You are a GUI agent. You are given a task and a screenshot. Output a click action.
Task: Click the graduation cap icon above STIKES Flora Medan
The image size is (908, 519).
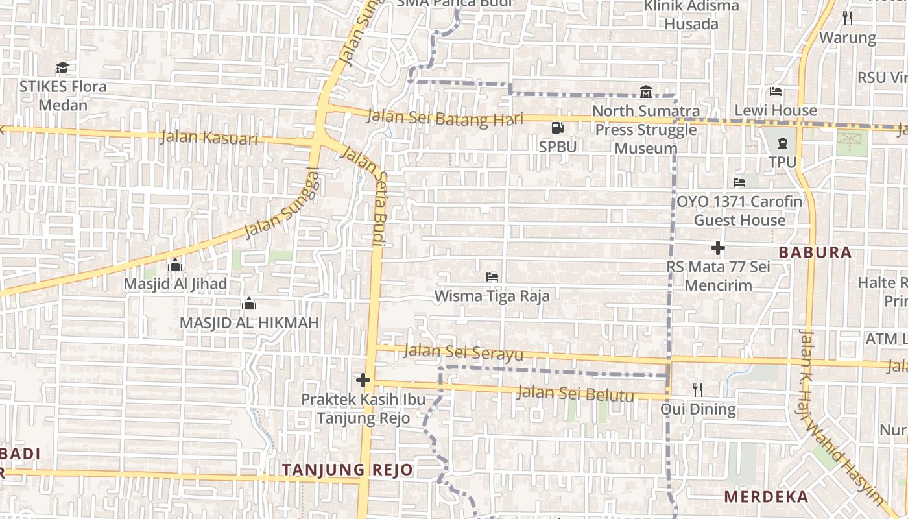62,67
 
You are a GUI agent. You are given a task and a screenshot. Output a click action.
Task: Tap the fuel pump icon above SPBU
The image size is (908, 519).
556,128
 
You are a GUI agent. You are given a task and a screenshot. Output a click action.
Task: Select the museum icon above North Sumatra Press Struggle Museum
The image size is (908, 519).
645,91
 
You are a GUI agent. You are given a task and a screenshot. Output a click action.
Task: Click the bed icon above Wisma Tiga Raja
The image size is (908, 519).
492,277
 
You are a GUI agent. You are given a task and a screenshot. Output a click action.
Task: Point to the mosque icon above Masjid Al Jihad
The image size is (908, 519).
175,265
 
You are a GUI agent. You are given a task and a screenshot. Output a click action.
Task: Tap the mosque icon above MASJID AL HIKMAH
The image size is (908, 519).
249,304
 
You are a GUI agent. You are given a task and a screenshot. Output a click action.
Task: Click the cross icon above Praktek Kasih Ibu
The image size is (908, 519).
363,380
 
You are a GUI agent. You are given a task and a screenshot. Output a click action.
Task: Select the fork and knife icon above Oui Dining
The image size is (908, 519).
698,389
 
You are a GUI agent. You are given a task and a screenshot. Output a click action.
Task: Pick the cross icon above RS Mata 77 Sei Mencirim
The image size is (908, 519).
717,248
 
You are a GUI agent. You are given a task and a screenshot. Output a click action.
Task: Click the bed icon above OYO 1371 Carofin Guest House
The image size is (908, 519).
739,182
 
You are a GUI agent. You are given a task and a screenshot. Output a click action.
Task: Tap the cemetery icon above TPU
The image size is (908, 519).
782,143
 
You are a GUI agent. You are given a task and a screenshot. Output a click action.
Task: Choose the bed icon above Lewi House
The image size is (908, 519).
776,91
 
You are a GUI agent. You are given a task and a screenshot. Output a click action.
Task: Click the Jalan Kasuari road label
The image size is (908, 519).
209,138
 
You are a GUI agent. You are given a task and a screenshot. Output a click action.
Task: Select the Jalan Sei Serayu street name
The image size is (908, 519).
463,352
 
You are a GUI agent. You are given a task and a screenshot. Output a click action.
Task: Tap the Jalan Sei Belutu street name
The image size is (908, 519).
575,393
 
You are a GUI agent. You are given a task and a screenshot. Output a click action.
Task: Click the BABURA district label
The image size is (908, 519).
815,252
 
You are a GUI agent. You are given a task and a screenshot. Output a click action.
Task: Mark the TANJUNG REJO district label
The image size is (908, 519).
348,470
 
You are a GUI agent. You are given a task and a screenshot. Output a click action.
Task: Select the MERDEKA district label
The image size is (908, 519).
766,497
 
